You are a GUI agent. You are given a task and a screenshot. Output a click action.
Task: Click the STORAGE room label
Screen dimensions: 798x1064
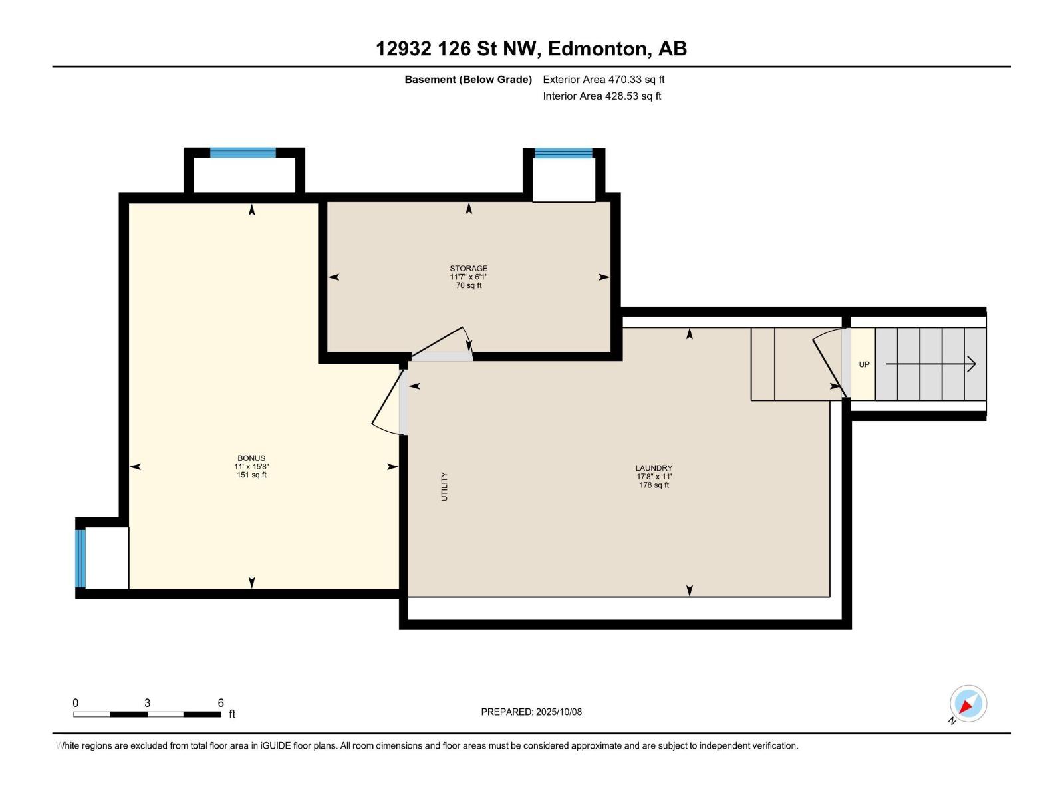(x=469, y=269)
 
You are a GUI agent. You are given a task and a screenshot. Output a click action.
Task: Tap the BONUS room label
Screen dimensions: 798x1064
(x=251, y=458)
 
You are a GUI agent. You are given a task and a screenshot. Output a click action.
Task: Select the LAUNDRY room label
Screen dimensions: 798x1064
(x=654, y=468)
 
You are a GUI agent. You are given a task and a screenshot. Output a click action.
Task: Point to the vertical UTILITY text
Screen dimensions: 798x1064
(x=444, y=486)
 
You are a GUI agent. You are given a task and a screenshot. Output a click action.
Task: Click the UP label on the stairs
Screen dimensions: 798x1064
(x=864, y=364)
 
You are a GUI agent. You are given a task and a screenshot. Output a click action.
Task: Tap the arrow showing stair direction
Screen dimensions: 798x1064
(x=931, y=364)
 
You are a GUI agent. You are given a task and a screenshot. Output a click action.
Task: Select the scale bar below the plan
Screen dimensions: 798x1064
(x=147, y=714)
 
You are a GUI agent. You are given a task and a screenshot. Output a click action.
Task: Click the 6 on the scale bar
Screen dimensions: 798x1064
(x=221, y=703)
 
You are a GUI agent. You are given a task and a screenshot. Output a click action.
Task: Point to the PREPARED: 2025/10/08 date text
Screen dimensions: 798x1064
(x=531, y=712)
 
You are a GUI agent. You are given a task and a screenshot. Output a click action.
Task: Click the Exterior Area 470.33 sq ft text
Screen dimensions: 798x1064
(x=603, y=80)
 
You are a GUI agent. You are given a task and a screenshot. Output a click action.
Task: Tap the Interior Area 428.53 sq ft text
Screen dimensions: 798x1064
(x=602, y=96)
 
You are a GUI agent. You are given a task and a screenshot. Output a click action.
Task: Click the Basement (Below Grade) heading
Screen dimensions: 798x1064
(x=468, y=80)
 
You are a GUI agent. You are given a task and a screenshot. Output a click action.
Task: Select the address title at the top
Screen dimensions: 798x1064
(x=531, y=49)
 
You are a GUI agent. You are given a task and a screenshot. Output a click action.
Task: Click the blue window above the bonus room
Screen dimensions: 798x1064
(x=243, y=152)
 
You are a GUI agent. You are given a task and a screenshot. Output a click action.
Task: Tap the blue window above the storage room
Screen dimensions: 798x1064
(x=563, y=154)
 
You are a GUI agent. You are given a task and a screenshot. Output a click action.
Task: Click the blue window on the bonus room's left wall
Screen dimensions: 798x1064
(x=80, y=559)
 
